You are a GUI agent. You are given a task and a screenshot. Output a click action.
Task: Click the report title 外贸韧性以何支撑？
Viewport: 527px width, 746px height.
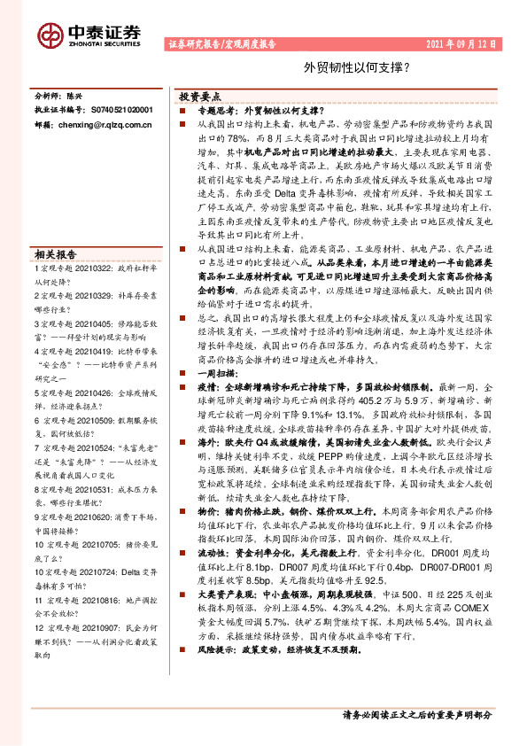pyautogui.click(x=345, y=66)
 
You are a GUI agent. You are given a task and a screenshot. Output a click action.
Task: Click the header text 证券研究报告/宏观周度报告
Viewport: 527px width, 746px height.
pyautogui.click(x=221, y=43)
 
